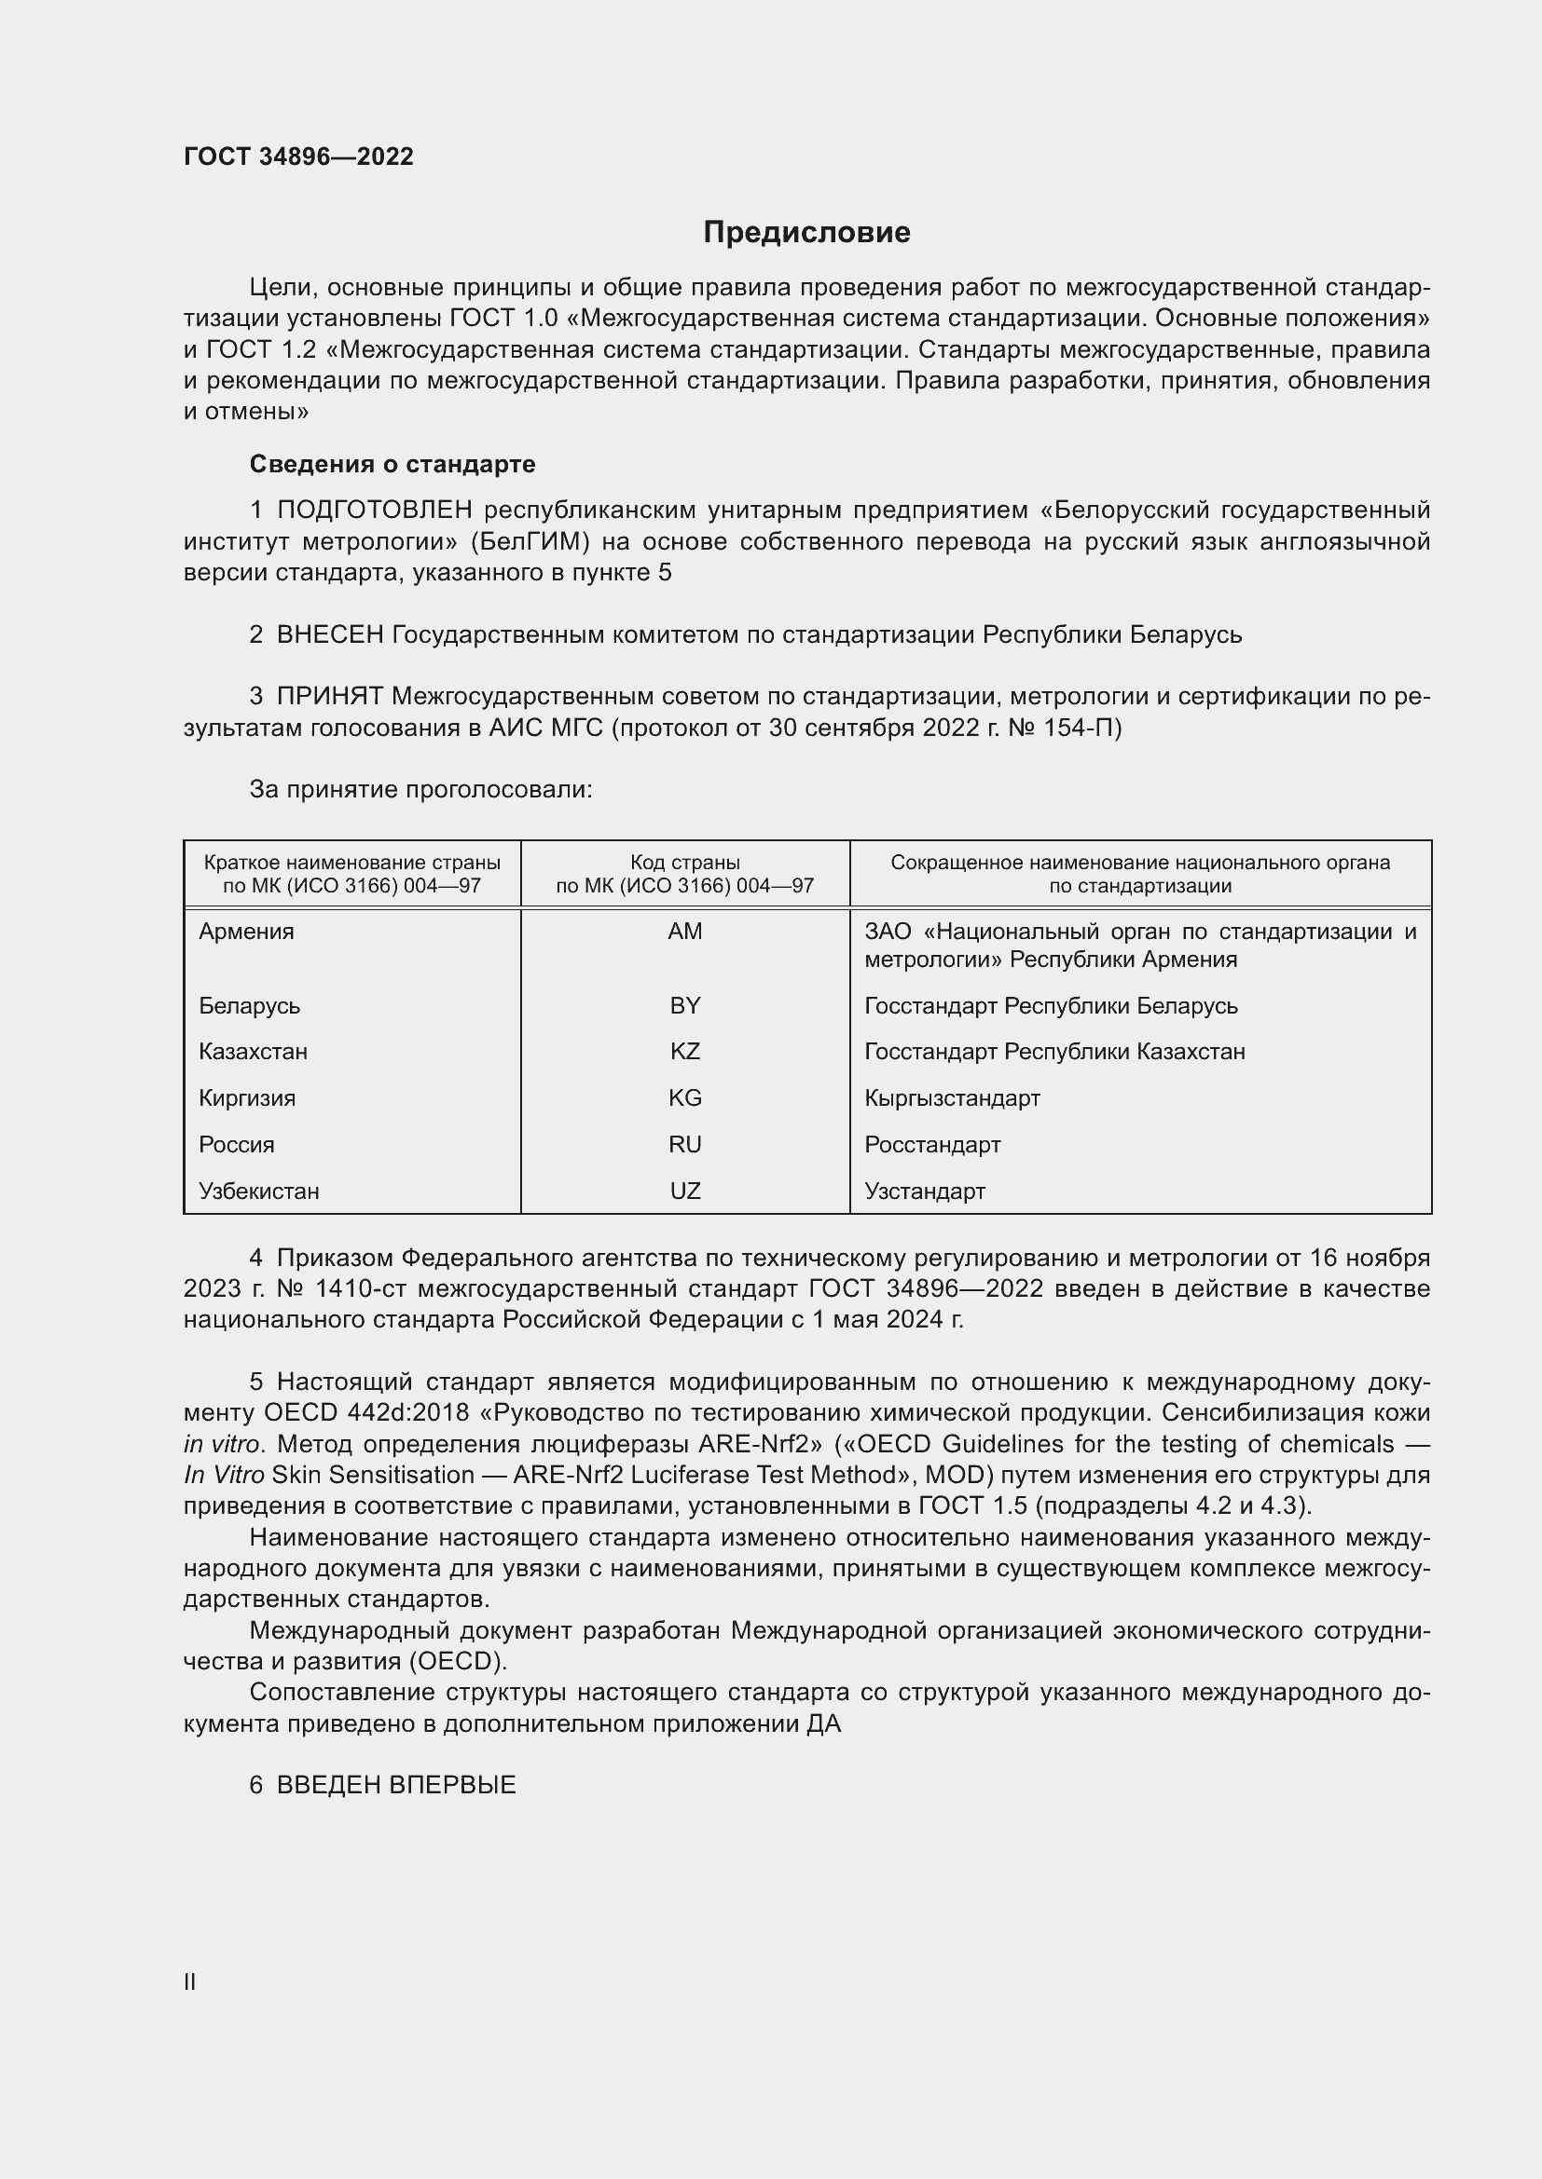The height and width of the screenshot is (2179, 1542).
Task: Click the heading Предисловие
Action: click(x=806, y=233)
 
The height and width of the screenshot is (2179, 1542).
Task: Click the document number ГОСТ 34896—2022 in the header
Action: click(x=298, y=157)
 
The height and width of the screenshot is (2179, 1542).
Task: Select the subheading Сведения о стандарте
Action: click(x=392, y=464)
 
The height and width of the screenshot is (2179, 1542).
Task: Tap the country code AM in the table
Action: click(x=684, y=931)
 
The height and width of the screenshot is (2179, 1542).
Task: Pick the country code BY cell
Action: click(x=684, y=1005)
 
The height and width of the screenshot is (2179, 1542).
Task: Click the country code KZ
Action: click(x=684, y=1052)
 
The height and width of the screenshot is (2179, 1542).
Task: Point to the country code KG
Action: click(x=684, y=1098)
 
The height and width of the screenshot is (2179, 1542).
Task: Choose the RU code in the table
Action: click(x=684, y=1145)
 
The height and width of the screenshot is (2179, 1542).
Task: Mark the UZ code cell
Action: click(x=684, y=1192)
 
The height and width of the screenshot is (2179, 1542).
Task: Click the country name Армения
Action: click(x=246, y=931)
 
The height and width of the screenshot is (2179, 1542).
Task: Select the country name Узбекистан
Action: click(x=258, y=1192)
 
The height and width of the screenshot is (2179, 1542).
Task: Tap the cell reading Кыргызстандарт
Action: click(x=952, y=1098)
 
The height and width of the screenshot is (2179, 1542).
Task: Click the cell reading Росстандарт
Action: click(x=931, y=1145)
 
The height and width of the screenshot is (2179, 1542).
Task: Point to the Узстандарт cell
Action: click(x=924, y=1192)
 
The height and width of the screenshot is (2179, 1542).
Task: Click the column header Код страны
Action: click(x=684, y=863)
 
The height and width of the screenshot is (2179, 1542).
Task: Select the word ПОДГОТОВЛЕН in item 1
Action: click(x=374, y=511)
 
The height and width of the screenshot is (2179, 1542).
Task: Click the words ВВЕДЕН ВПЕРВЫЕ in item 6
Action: click(x=396, y=1785)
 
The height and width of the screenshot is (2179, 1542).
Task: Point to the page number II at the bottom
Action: click(x=190, y=1982)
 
